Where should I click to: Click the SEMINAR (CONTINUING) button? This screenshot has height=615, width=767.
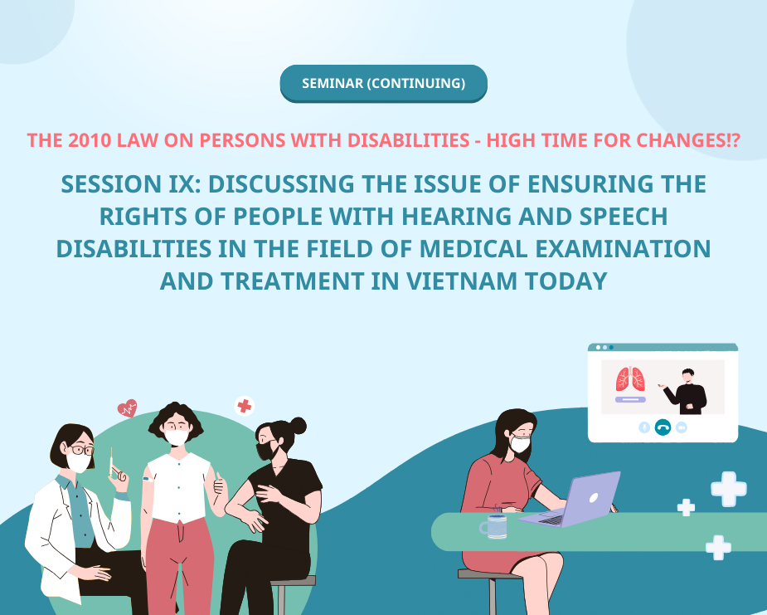tap(383, 83)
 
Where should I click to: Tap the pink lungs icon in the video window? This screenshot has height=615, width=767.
tap(630, 379)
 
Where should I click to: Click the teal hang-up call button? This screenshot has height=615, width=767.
tap(663, 427)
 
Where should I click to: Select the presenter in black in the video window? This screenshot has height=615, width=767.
tap(689, 391)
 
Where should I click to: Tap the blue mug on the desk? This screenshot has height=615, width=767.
tap(495, 525)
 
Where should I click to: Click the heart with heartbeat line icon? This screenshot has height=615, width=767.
tap(127, 408)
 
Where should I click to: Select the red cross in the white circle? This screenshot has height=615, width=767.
tap(244, 405)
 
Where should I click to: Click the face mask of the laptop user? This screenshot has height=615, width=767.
tap(520, 444)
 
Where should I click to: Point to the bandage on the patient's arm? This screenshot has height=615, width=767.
tap(148, 479)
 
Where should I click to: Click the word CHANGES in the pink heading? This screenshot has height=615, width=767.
tap(664, 140)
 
